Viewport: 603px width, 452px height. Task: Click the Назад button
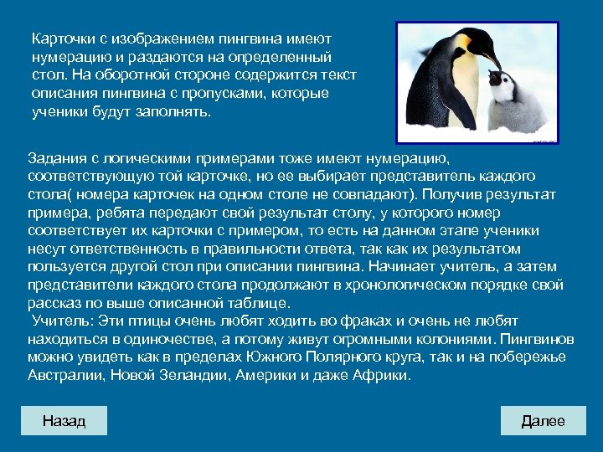coord(64,420)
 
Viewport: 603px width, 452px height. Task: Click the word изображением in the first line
coord(160,39)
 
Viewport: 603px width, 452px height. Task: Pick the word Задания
coord(56,158)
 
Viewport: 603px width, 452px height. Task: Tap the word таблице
coord(253,303)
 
